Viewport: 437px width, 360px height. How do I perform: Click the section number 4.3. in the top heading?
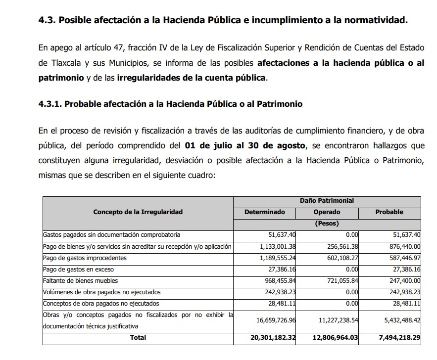(x=48, y=20)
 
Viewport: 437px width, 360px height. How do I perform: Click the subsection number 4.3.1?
(x=50, y=104)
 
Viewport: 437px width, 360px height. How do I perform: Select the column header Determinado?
(x=265, y=212)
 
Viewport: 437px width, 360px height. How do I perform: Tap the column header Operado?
(x=327, y=212)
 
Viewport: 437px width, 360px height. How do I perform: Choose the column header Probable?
(x=389, y=212)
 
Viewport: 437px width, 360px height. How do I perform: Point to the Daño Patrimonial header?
(x=327, y=201)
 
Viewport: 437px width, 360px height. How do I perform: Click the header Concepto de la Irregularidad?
(x=138, y=212)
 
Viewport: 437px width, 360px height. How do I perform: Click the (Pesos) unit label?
(x=327, y=224)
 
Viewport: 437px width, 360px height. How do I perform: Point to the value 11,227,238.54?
(x=336, y=320)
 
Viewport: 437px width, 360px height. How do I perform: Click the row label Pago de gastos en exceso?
(x=78, y=269)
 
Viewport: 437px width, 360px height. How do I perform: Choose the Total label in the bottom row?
(x=138, y=337)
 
